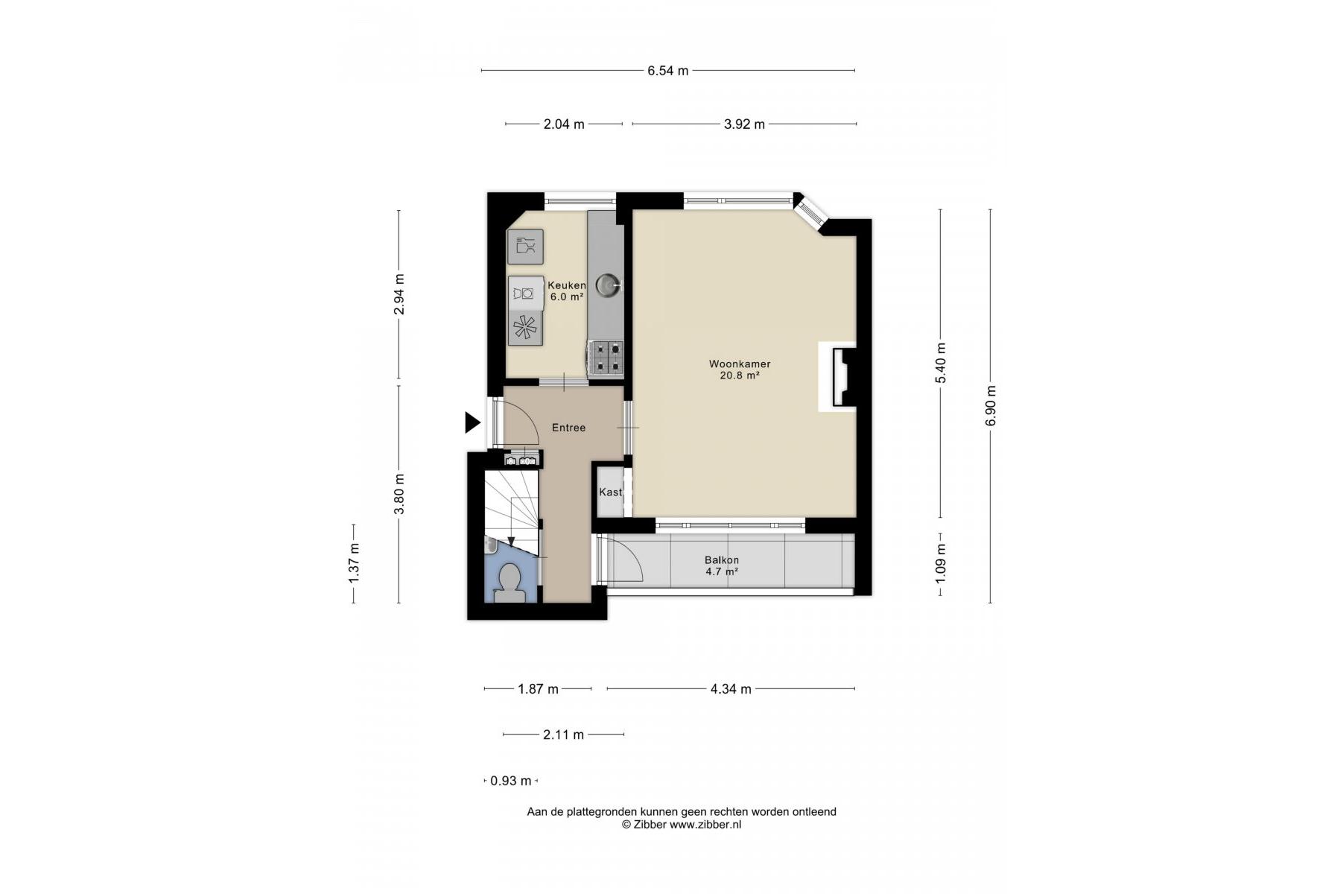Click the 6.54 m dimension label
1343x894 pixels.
click(667, 71)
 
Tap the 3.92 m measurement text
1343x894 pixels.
click(744, 124)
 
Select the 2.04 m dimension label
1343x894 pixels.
click(564, 124)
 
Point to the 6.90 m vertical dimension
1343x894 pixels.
click(991, 406)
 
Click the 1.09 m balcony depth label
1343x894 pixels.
click(941, 564)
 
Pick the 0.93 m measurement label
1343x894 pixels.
click(511, 781)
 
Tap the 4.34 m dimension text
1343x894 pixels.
click(731, 689)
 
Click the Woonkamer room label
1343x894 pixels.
click(740, 364)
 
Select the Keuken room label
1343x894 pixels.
click(567, 285)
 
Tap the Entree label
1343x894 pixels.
click(568, 428)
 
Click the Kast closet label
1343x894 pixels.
click(611, 492)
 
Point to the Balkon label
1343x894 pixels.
click(722, 560)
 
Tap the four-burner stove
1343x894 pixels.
click(606, 356)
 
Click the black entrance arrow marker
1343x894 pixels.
click(472, 422)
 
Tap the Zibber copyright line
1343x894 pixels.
click(682, 825)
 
